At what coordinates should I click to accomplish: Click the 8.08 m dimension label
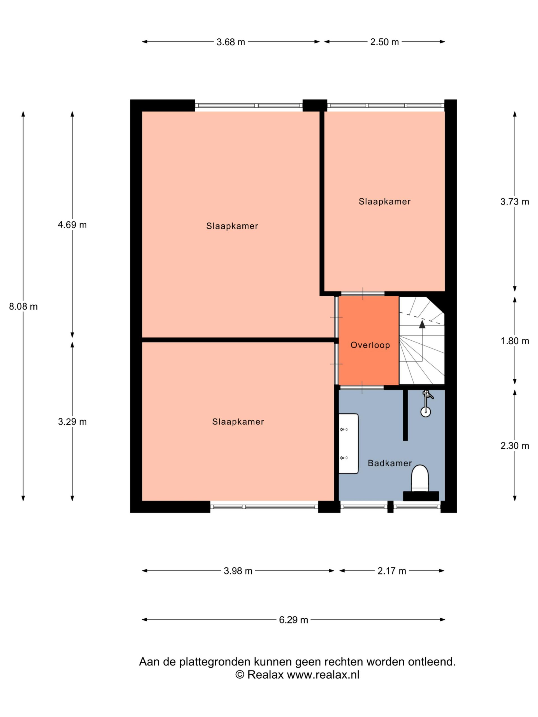[23, 306]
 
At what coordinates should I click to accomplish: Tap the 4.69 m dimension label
[72, 225]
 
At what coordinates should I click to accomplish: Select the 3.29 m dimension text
[72, 422]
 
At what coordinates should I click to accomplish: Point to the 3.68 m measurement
[231, 42]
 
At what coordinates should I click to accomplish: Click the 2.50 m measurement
[385, 42]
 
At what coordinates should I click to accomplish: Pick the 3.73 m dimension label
[515, 202]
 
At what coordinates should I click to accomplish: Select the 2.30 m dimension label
[515, 446]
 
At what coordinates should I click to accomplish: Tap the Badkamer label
[390, 463]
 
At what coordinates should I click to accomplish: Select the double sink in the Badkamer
[349, 443]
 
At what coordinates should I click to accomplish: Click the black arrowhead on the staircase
[422, 324]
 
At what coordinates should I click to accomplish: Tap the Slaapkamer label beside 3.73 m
[385, 202]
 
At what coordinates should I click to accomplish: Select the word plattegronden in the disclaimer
[216, 662]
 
